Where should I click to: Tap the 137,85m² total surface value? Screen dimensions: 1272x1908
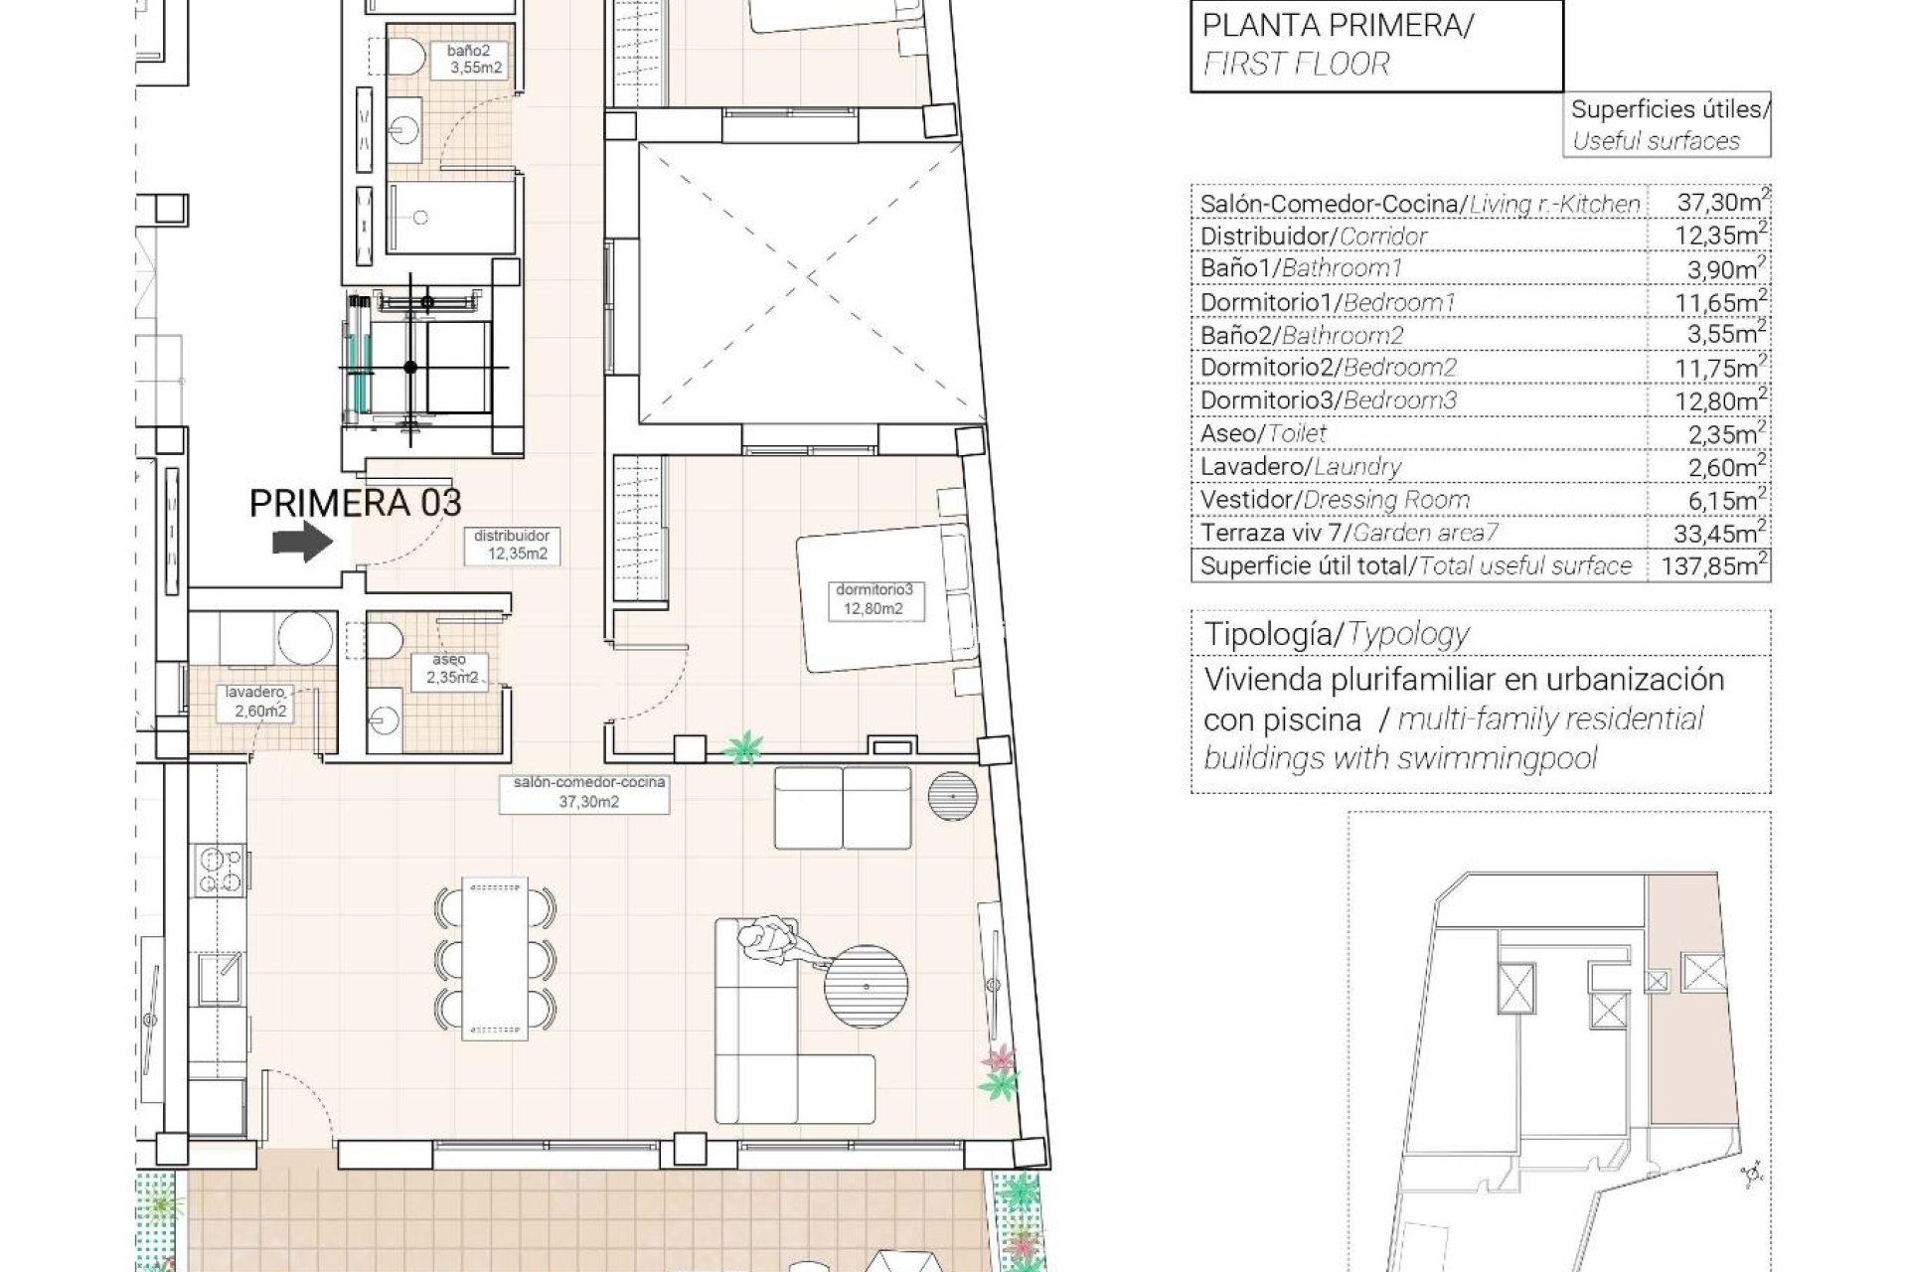point(1707,565)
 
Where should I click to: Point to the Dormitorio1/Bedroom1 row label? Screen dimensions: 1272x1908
point(1328,302)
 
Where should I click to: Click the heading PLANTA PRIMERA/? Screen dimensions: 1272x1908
point(1338,26)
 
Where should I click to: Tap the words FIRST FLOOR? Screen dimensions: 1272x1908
point(1296,65)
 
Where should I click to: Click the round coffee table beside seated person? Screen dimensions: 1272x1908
point(866,988)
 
